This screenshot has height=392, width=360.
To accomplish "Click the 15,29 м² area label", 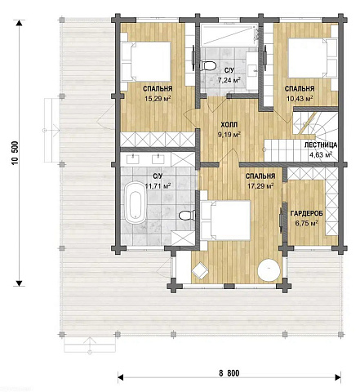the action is (x=158, y=98).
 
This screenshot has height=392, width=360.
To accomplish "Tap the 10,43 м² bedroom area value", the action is (x=300, y=98).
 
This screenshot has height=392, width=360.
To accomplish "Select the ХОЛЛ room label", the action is (x=229, y=125).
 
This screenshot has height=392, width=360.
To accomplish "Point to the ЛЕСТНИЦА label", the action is (x=321, y=145).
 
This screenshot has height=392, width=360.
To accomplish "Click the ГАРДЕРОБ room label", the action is (x=306, y=213).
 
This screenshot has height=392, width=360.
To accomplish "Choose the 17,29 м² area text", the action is (x=260, y=186).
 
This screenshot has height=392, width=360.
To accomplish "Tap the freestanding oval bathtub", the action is (x=136, y=203).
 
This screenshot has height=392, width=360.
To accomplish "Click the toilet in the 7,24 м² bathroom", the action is (x=208, y=65).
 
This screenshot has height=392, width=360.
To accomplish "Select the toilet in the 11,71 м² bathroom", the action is (x=187, y=216).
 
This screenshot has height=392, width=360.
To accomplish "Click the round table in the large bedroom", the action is (x=269, y=269).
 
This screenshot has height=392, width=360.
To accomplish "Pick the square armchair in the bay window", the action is (x=200, y=270).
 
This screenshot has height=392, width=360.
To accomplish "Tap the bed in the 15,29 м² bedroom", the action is (x=146, y=61).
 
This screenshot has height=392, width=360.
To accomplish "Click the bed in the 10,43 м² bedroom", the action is (x=313, y=58).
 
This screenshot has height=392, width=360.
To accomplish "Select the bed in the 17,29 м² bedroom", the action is (x=225, y=220).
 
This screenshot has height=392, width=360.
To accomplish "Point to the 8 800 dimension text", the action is (x=229, y=373).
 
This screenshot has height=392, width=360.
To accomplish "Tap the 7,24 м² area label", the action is (x=229, y=80).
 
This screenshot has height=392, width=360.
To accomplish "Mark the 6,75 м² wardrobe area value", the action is (x=307, y=224).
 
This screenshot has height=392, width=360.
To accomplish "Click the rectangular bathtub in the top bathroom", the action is (x=229, y=35).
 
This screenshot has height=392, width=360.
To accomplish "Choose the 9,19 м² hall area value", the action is (x=229, y=135).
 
